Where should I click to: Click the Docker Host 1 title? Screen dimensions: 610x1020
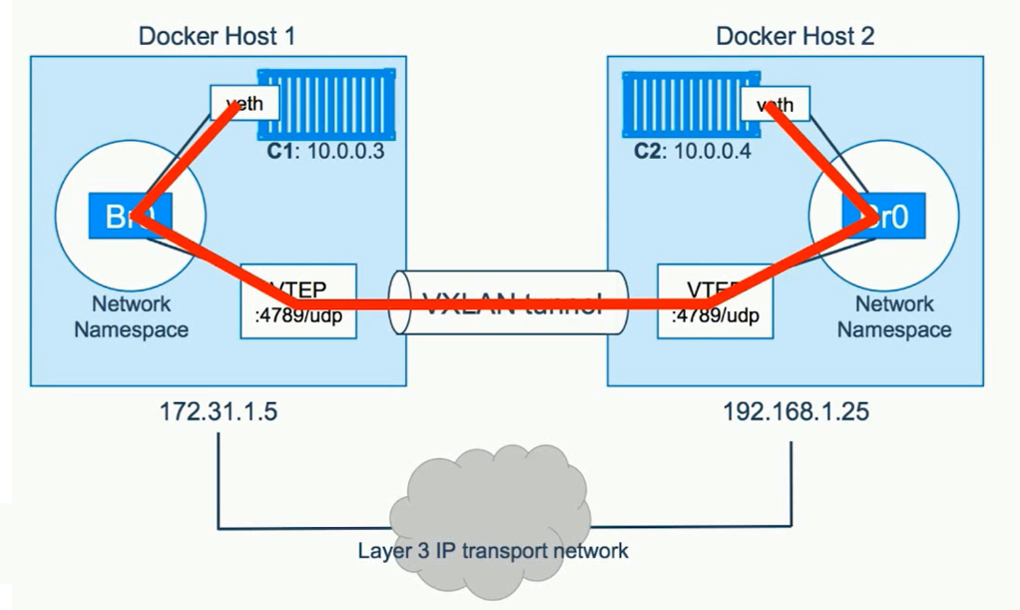click(x=217, y=37)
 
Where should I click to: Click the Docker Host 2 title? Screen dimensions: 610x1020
click(x=795, y=37)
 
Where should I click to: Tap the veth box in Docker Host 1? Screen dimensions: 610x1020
click(x=244, y=103)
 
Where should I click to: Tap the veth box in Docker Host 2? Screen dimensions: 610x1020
click(x=775, y=103)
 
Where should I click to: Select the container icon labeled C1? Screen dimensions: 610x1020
click(x=324, y=103)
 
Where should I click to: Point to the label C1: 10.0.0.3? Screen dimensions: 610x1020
click(x=326, y=155)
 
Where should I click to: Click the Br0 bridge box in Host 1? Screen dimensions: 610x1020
click(x=131, y=214)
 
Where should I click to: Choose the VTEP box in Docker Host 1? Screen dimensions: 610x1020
click(x=298, y=300)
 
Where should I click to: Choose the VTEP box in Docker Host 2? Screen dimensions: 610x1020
click(x=714, y=300)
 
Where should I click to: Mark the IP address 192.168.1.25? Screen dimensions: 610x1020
click(x=789, y=411)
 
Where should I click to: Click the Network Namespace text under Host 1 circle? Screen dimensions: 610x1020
click(x=131, y=316)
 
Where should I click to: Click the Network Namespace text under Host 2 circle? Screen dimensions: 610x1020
click(x=893, y=316)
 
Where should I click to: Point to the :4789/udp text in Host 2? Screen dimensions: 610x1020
click(x=714, y=316)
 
